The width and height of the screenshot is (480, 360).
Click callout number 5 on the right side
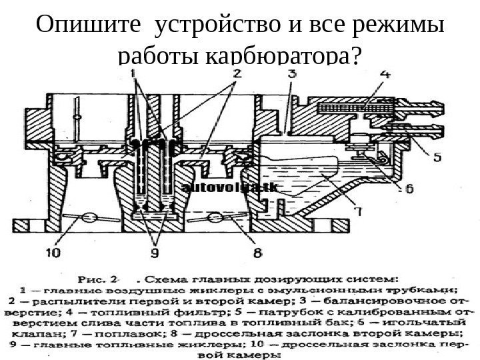pyautogui.click(x=437, y=158)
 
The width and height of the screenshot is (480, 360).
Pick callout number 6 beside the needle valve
pyautogui.click(x=407, y=189)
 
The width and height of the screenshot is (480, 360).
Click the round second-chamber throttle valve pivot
pyautogui.click(x=215, y=218)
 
